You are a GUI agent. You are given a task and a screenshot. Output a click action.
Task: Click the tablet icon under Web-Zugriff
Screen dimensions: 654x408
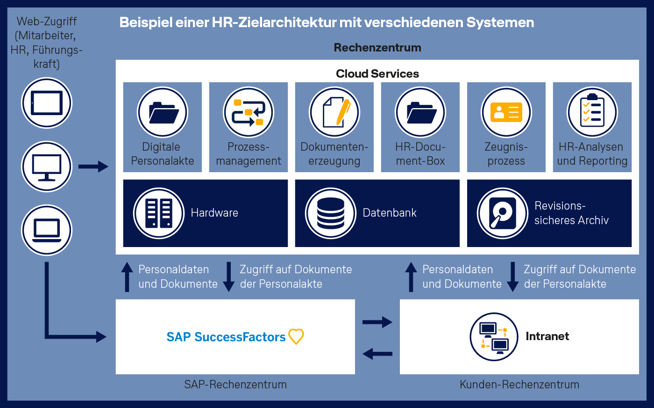[47, 103]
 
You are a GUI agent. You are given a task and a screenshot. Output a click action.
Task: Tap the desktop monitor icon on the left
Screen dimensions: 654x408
[47, 167]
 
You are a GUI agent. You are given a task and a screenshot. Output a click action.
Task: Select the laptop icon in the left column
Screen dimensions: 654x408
[47, 230]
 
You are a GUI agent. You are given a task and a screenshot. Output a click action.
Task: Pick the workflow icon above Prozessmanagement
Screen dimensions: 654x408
[249, 112]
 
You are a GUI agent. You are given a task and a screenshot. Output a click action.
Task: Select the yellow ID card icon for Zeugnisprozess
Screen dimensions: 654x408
[506, 112]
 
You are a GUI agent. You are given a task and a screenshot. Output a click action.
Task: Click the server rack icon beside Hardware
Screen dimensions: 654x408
[159, 213]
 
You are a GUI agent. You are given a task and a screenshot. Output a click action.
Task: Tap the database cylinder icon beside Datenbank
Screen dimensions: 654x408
[331, 213]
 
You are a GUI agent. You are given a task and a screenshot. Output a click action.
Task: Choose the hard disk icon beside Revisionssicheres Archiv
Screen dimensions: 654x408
[503, 213]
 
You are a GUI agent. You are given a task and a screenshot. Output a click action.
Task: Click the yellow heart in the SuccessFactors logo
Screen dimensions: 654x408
[296, 336]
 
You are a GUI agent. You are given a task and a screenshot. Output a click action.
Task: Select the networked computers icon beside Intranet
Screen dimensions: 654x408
[494, 337]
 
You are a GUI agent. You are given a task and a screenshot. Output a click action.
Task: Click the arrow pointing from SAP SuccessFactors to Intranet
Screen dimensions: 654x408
[377, 322]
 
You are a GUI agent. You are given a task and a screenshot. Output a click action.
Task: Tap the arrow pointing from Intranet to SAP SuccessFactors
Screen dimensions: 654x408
[377, 354]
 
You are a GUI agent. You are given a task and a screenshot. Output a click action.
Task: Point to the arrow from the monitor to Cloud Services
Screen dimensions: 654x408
[93, 167]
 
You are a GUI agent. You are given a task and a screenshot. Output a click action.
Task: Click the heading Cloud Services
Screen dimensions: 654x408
[377, 74]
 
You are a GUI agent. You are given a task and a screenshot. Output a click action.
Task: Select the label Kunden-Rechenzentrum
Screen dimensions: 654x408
[519, 384]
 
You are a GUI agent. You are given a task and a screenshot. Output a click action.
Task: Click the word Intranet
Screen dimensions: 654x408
[547, 336]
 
